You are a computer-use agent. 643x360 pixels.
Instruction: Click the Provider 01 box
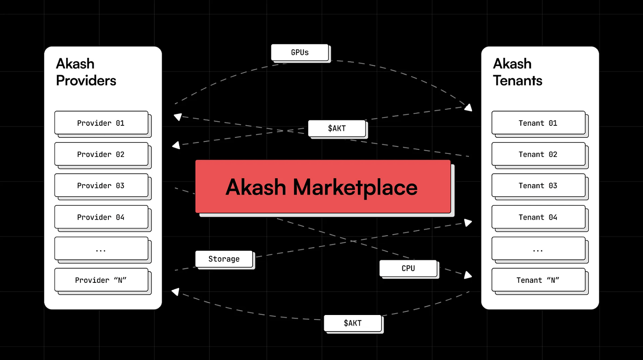(x=101, y=123)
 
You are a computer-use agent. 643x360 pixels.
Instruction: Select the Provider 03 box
(x=101, y=186)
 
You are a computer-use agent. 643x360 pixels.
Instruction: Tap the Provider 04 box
(x=101, y=217)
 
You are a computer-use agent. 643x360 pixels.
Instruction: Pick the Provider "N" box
(x=101, y=280)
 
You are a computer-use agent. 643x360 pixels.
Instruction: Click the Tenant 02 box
(x=538, y=154)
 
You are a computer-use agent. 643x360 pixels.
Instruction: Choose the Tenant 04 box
(x=538, y=217)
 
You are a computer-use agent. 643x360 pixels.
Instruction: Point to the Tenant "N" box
(x=538, y=280)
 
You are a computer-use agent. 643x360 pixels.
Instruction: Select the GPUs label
(x=300, y=52)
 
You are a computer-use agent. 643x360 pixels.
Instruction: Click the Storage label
(x=224, y=259)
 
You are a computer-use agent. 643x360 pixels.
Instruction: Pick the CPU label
(x=408, y=268)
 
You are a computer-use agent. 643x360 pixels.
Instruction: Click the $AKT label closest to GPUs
(x=337, y=128)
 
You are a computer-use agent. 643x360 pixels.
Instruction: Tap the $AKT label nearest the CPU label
(x=352, y=323)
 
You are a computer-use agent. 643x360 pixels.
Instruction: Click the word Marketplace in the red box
(x=355, y=187)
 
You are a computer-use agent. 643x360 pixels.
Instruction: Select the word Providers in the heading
(x=86, y=81)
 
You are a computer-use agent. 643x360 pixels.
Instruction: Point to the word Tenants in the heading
(x=518, y=81)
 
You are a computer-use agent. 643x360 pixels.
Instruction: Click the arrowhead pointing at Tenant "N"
(x=468, y=275)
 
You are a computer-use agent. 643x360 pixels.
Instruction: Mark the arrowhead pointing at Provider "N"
(x=175, y=291)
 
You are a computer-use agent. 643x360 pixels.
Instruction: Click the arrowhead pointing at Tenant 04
(x=468, y=223)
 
